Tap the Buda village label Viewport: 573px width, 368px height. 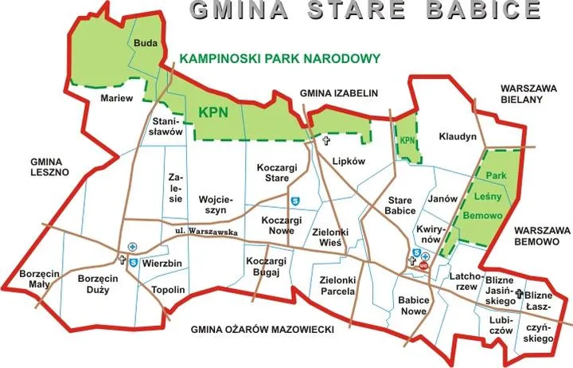[145, 43]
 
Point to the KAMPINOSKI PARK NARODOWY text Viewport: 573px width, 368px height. [280, 58]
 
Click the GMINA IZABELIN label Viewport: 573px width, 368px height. [338, 93]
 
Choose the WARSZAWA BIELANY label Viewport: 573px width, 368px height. [521, 92]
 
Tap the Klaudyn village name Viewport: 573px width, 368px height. [458, 137]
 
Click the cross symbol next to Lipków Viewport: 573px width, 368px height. [325, 141]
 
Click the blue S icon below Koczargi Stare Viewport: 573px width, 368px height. [294, 202]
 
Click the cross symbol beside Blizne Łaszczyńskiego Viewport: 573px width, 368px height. [519, 295]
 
